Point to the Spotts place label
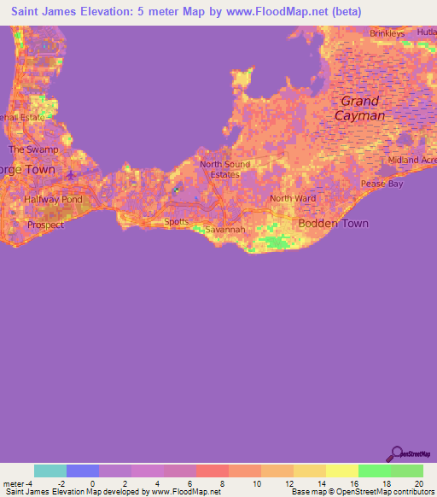pyautogui.click(x=176, y=221)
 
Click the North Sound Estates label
pyautogui.click(x=219, y=169)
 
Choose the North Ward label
pyautogui.click(x=293, y=198)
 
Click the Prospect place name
pyautogui.click(x=45, y=225)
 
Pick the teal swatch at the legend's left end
pyautogui.click(x=50, y=471)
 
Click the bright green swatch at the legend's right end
pyautogui.click(x=406, y=471)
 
